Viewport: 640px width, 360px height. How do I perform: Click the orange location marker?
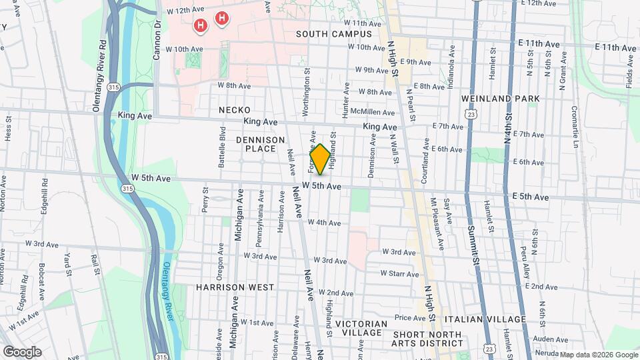click(x=319, y=159)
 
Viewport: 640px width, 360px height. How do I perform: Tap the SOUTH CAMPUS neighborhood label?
click(x=334, y=34)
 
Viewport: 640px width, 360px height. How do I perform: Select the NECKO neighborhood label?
click(x=234, y=110)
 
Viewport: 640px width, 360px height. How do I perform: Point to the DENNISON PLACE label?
click(x=260, y=144)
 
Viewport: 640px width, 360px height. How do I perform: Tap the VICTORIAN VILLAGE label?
click(x=361, y=329)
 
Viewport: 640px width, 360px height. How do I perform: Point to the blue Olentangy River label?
click(x=167, y=291)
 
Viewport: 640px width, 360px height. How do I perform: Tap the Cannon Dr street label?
click(x=157, y=39)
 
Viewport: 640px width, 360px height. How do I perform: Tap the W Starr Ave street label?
click(x=399, y=273)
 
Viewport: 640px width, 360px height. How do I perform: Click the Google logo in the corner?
click(x=22, y=351)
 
